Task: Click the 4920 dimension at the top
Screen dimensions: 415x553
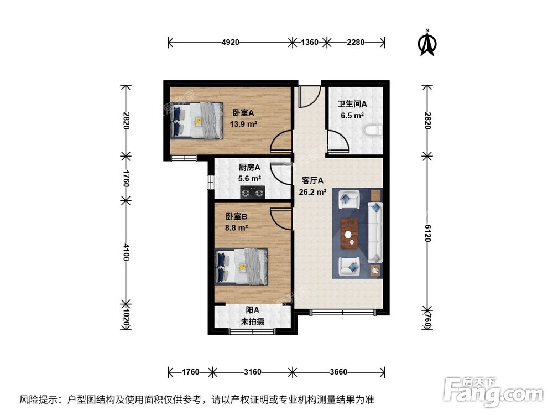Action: (231, 42)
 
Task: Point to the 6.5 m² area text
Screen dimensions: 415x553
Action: (351, 116)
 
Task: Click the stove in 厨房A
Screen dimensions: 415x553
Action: (252, 192)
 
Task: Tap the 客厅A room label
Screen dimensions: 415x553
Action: (312, 180)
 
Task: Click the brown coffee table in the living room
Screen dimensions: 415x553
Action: (348, 232)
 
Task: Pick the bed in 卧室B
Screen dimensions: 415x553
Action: (242, 266)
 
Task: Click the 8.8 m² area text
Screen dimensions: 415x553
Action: (236, 227)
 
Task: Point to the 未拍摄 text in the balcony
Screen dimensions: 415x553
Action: (252, 321)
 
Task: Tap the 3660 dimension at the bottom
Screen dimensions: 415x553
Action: (339, 371)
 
